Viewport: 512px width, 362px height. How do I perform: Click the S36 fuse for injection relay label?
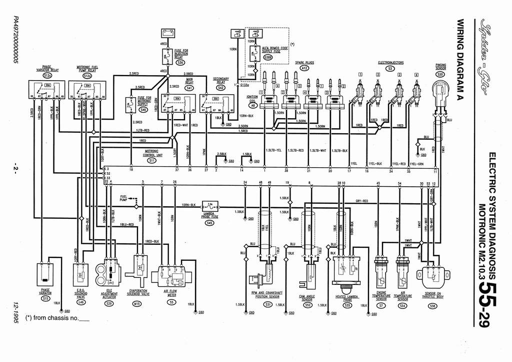pyautogui.click(x=180, y=63)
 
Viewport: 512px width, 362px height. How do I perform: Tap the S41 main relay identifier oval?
pyautogui.click(x=189, y=88)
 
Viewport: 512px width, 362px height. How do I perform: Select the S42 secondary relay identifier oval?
pyautogui.click(x=221, y=88)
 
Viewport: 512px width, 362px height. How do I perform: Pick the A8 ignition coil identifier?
pyautogui.click(x=253, y=106)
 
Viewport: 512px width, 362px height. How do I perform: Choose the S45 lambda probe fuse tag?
pyautogui.click(x=209, y=222)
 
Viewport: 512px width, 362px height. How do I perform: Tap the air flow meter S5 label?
pyautogui.click(x=171, y=302)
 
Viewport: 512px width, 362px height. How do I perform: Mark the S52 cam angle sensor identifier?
pyautogui.click(x=308, y=304)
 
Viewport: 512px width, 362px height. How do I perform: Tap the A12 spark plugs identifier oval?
pyautogui.click(x=303, y=68)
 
